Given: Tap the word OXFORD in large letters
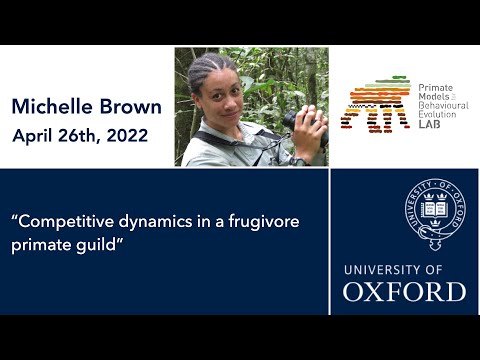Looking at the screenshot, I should click(x=404, y=292).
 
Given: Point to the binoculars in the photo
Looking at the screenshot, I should click(x=298, y=120).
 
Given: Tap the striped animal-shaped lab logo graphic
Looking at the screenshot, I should click(x=375, y=103).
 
